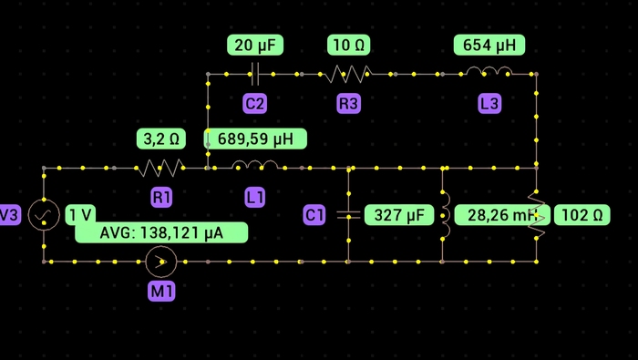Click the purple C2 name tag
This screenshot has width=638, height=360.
(255, 104)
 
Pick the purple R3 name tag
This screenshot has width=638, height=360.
(348, 104)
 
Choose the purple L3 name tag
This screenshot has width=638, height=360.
(489, 104)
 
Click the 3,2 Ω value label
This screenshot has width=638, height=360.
(161, 139)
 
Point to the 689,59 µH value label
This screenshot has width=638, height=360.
(255, 139)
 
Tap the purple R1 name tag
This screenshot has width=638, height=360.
(162, 196)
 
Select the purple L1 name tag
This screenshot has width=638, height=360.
(255, 196)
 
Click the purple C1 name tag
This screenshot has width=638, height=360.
(314, 215)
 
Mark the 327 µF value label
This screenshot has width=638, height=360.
(398, 215)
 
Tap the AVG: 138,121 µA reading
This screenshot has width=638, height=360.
(161, 232)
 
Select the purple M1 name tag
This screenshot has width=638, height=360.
(161, 292)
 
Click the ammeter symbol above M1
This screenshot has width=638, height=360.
(161, 262)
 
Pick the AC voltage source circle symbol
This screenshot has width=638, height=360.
(43, 215)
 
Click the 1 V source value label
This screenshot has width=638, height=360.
(80, 215)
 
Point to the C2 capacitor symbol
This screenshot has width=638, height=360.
(255, 74)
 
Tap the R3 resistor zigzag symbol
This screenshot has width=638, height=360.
(349, 74)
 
